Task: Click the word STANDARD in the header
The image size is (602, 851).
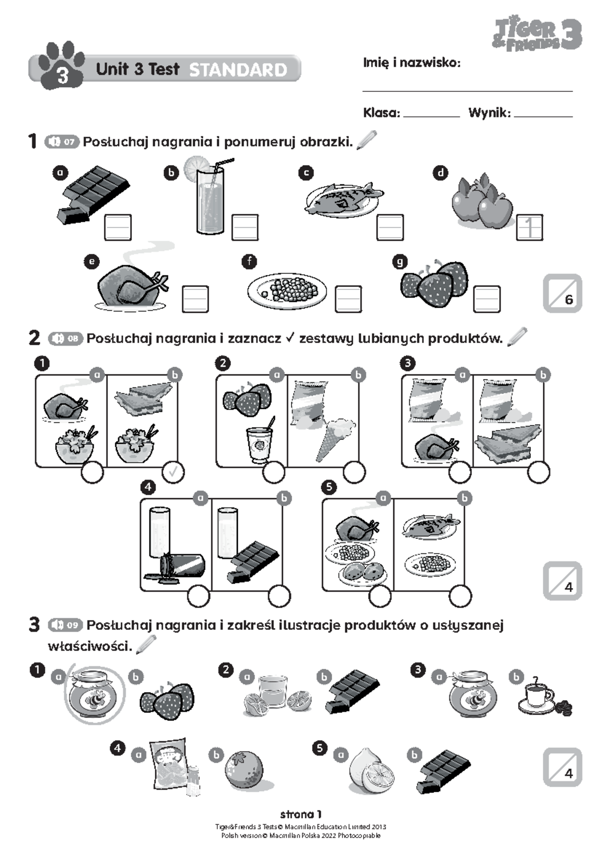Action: click(238, 70)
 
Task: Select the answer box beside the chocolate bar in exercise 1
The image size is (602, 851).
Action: click(118, 227)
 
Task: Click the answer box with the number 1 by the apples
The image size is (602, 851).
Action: click(529, 227)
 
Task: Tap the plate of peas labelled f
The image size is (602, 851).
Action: click(287, 291)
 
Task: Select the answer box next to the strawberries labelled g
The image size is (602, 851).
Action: click(487, 299)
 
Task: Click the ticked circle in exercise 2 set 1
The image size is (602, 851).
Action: click(174, 472)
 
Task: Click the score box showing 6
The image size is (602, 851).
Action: click(562, 294)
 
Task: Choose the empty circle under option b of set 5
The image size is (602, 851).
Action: click(460, 596)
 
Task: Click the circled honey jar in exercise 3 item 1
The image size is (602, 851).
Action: click(94, 695)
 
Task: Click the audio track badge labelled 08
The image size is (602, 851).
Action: click(65, 338)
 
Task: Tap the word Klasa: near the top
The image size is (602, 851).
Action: click(381, 113)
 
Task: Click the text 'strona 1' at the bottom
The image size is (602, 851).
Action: click(300, 814)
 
